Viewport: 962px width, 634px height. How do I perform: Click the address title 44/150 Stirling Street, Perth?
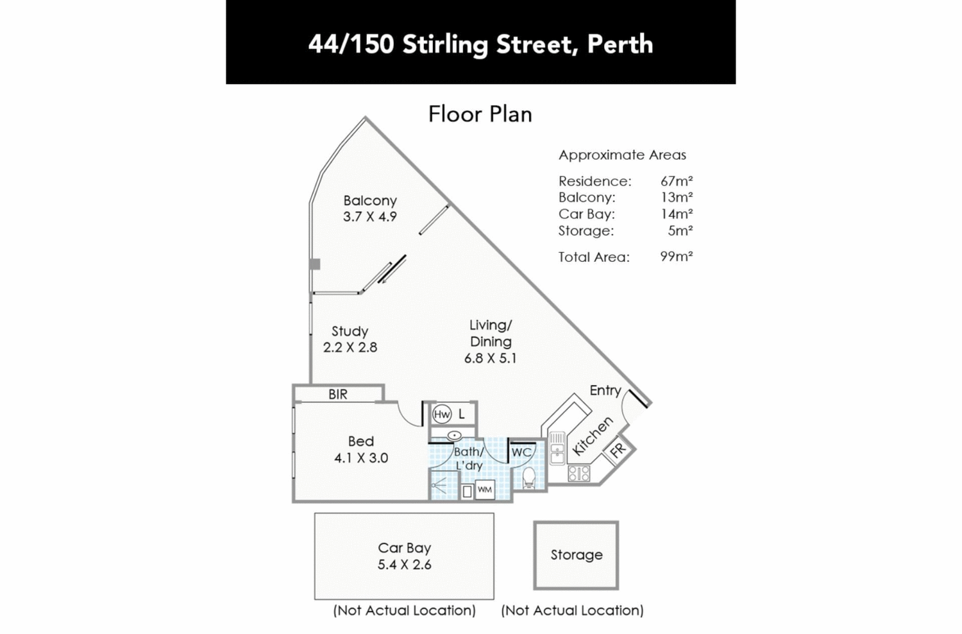480,44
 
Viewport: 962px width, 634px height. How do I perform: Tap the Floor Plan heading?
480,114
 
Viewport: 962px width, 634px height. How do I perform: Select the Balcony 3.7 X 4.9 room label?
369,209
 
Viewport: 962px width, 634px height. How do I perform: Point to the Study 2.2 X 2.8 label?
350,339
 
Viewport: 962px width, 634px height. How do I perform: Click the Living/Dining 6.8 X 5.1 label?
490,341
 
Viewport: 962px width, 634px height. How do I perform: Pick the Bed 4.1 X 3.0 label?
360,449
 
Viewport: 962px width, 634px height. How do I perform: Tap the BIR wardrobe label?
337,395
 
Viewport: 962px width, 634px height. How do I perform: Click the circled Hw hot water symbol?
442,415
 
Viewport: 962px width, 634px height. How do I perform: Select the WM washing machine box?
485,490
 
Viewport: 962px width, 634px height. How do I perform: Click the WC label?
521,452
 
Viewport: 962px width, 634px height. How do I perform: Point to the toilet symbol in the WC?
529,477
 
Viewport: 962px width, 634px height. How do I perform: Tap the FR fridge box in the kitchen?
618,450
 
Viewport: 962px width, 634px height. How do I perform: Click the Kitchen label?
593,436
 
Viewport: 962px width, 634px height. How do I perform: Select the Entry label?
605,390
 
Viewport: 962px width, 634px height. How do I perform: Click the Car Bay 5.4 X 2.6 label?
404,556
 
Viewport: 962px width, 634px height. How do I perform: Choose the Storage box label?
576,555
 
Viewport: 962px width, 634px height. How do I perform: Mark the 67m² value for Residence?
676,181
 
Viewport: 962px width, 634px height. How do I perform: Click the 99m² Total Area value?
676,257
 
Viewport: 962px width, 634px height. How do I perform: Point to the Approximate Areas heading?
621,155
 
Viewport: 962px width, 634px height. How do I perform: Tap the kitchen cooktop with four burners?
579,474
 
